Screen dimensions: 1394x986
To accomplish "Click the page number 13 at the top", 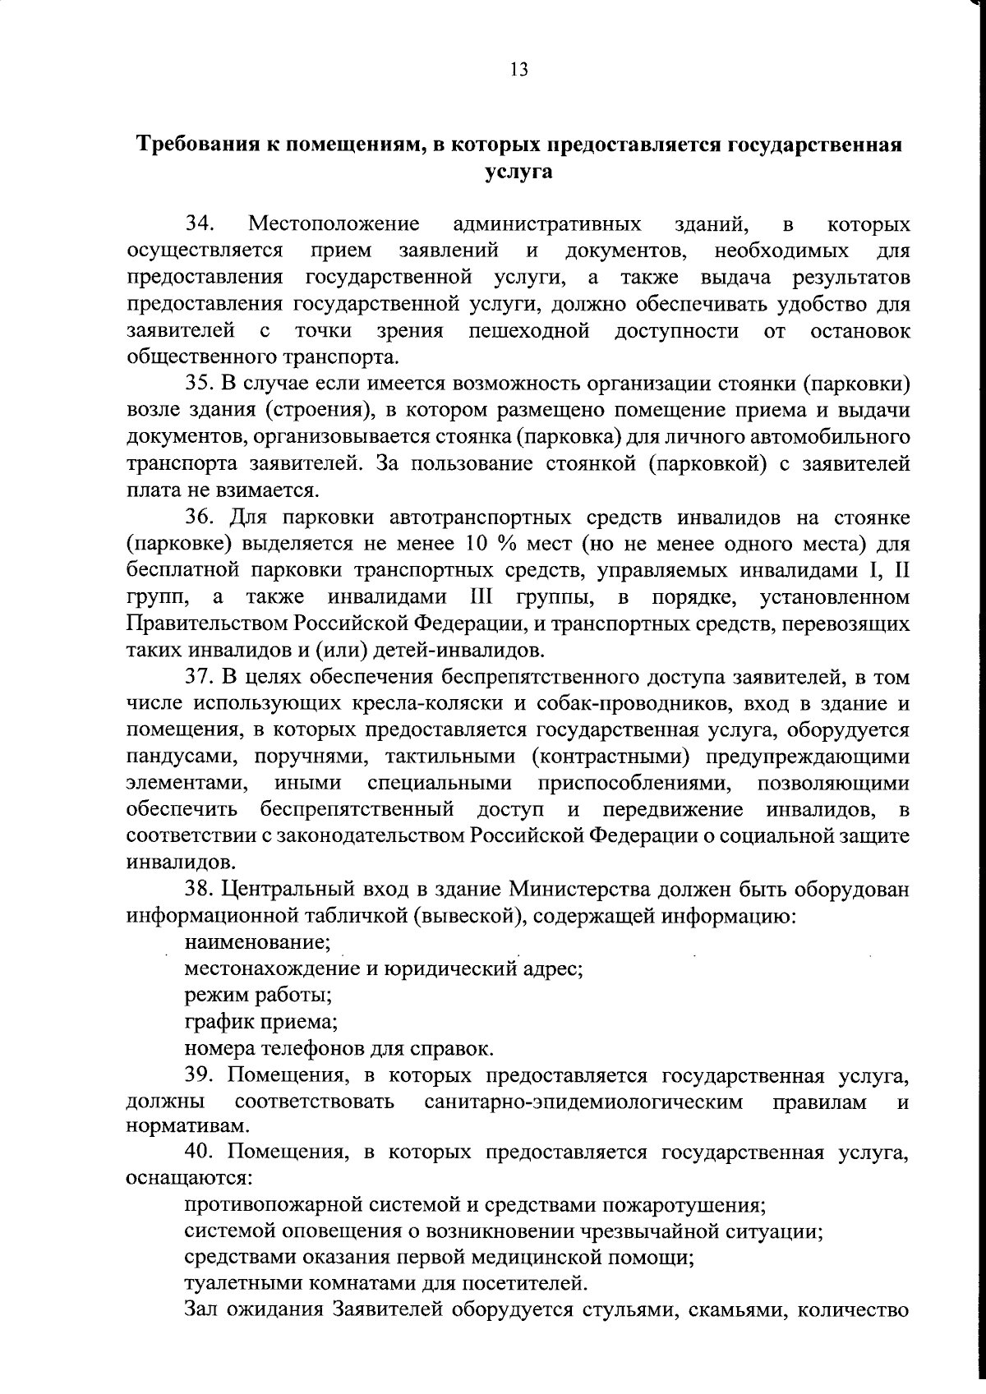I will [x=518, y=69].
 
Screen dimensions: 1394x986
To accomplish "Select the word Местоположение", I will [x=334, y=223].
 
